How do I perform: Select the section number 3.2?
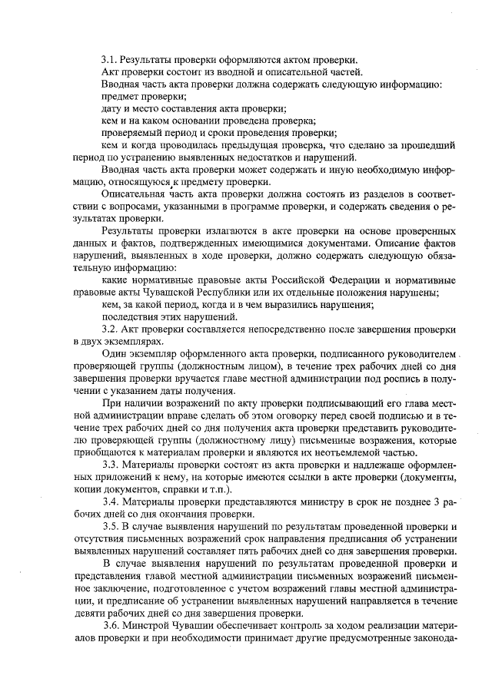coord(111,329)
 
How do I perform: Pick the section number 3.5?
coord(111,527)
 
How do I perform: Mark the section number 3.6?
coord(111,627)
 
